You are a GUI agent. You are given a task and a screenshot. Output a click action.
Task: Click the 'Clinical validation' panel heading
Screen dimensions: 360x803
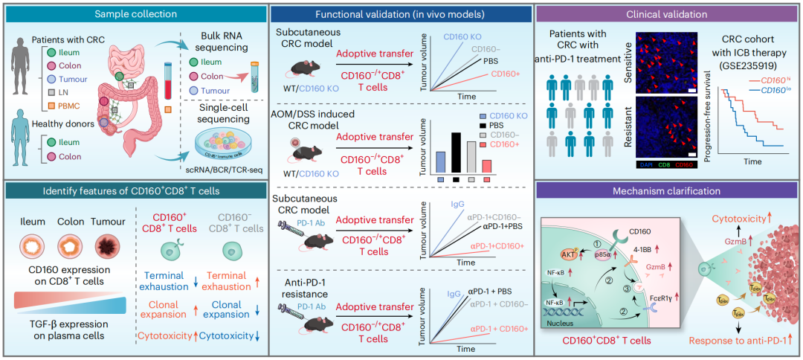(668, 13)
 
